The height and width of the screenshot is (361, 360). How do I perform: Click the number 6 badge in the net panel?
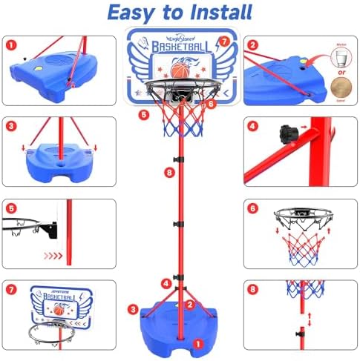[x=253, y=209]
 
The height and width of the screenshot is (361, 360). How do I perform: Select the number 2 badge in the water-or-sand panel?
[x=253, y=45]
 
